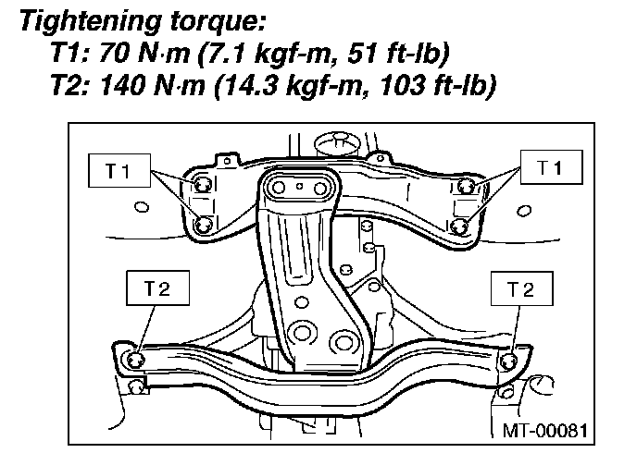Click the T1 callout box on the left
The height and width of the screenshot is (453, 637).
[x=119, y=170]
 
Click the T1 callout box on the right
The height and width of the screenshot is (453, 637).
[x=551, y=167]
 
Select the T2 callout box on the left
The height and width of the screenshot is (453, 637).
[x=157, y=288]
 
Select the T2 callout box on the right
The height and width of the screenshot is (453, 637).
[x=521, y=288]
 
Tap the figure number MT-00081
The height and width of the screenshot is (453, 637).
[x=544, y=430]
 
